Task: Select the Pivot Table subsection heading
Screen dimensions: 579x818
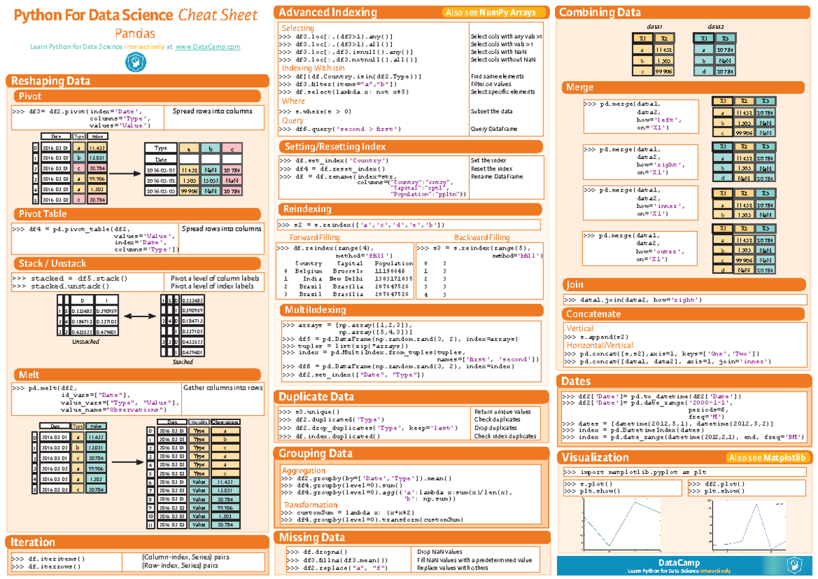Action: coord(42,214)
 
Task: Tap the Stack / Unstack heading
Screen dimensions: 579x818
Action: coord(52,263)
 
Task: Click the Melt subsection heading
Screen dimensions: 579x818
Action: coord(29,374)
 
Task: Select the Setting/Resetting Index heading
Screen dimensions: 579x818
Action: coord(335,147)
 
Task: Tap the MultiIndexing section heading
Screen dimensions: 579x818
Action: coord(314,310)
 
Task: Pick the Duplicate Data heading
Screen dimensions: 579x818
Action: coord(316,396)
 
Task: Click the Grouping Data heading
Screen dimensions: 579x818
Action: coord(314,454)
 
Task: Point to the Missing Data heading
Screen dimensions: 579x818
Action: coord(312,537)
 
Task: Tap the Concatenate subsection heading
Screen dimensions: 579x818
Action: coord(593,314)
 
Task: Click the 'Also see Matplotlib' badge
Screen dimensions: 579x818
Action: coord(767,458)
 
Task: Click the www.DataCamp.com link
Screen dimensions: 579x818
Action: coord(208,46)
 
